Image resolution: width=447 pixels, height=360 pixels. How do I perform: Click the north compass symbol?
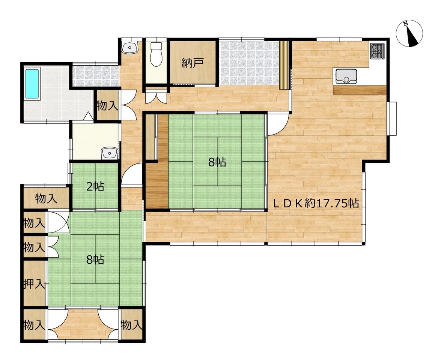(x=409, y=34)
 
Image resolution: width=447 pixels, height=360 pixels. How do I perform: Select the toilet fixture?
(x=156, y=54)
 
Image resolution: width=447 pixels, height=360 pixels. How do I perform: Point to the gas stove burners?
(x=378, y=51)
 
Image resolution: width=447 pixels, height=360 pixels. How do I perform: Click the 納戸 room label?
(x=193, y=63)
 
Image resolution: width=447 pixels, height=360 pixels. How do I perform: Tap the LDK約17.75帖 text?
(x=316, y=203)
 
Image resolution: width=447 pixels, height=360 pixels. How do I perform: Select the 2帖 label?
(x=95, y=187)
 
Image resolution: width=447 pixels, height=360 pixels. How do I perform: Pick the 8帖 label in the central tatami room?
(x=217, y=162)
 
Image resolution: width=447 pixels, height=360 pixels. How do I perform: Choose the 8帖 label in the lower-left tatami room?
(x=95, y=259)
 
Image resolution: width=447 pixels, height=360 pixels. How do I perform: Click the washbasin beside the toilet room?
(x=130, y=47)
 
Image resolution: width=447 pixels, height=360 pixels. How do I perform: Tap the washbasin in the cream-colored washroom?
(x=109, y=153)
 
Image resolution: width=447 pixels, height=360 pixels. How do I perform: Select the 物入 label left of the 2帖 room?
(x=46, y=198)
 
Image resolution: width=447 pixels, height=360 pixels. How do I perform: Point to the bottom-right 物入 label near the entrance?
(x=131, y=325)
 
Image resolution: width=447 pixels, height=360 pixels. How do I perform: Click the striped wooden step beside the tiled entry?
(x=284, y=65)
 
